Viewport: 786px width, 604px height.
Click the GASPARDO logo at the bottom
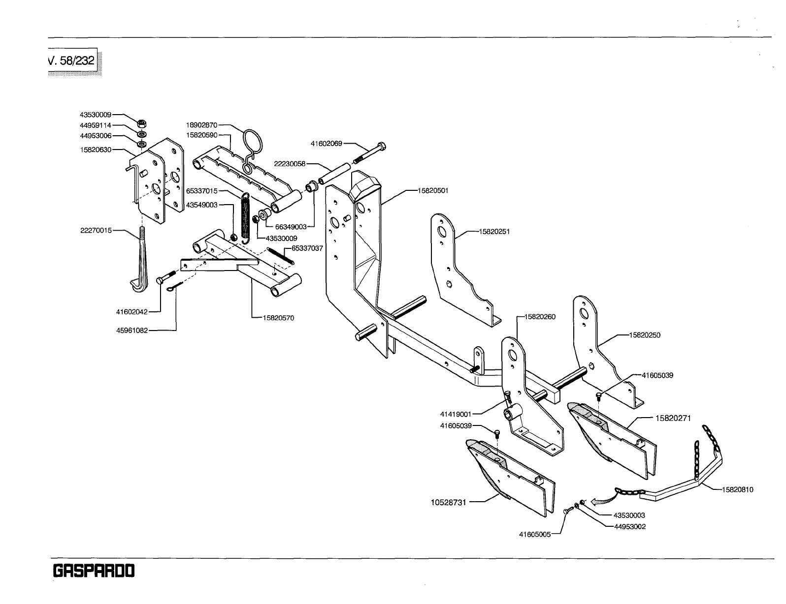(x=93, y=572)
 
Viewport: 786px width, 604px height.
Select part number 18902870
(x=202, y=125)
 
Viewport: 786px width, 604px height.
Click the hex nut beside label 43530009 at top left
(x=140, y=123)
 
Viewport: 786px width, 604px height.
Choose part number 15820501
(x=433, y=190)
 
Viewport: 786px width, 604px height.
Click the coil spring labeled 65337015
(x=246, y=216)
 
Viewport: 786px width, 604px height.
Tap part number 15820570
(x=278, y=318)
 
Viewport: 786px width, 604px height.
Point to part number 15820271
(x=673, y=419)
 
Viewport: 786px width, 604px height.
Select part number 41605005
(x=535, y=533)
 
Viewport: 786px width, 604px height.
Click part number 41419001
(x=456, y=414)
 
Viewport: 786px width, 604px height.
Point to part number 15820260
(x=540, y=317)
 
